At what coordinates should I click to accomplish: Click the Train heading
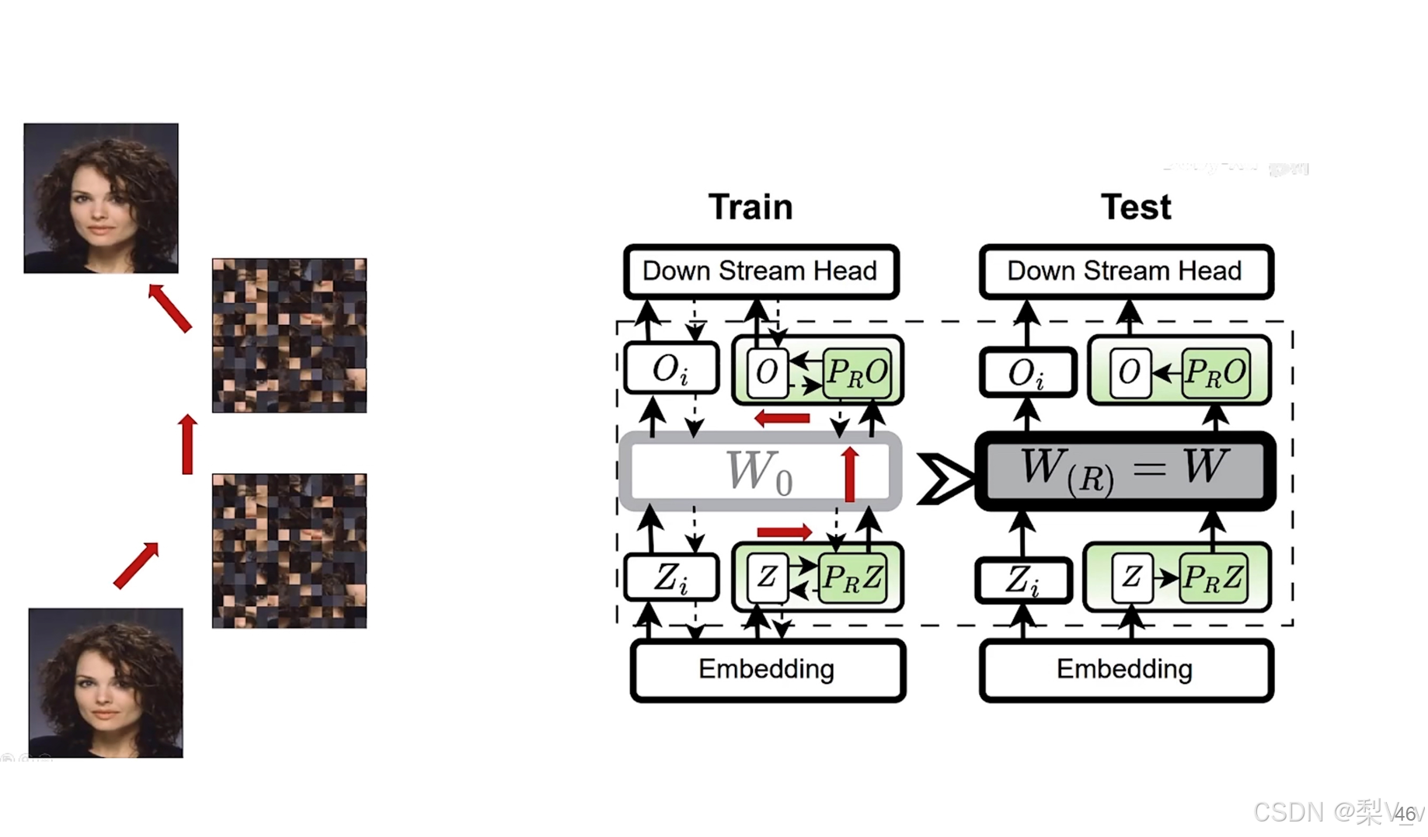[x=751, y=207]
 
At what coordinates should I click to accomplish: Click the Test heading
[x=1135, y=207]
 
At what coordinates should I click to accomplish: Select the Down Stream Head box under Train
[x=761, y=271]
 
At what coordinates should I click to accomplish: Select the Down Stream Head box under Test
[x=1126, y=271]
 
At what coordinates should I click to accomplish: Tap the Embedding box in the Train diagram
[x=767, y=669]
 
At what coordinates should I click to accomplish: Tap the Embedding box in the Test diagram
[x=1125, y=669]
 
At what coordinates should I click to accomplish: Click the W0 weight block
[x=759, y=471]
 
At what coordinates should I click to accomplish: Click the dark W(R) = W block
[x=1124, y=470]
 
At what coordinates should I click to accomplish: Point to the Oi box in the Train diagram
[x=671, y=370]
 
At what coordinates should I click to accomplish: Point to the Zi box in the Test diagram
[x=1022, y=580]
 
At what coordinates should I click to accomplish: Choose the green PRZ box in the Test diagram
[x=1213, y=577]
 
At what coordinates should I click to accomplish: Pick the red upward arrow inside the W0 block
[x=850, y=474]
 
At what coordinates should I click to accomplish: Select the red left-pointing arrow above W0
[x=782, y=418]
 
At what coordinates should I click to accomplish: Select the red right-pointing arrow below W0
[x=785, y=532]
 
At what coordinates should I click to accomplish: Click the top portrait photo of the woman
[x=101, y=198]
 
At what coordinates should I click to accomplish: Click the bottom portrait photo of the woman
[x=106, y=682]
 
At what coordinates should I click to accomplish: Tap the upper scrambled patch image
[x=289, y=335]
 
